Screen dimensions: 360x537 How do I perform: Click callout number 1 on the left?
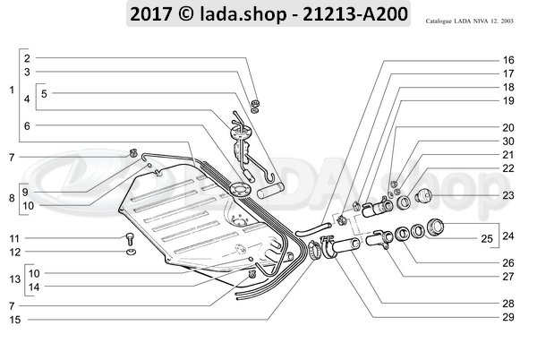coord(10,91)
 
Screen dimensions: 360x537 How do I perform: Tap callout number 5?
coord(44,93)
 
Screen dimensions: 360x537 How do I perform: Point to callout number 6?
coord(27,127)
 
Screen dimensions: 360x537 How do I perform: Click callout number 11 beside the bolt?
coord(13,238)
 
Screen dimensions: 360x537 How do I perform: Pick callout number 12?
coord(13,253)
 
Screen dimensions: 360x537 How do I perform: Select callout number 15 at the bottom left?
coord(13,320)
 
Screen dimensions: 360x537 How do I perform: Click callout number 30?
coord(507,141)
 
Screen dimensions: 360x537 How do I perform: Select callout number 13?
coord(12,279)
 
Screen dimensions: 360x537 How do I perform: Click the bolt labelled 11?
coord(129,238)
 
